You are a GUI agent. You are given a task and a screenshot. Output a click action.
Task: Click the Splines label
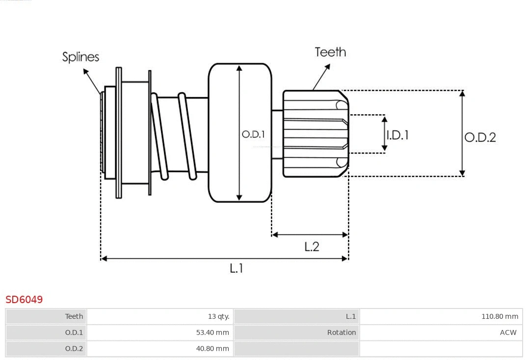(x=80, y=57)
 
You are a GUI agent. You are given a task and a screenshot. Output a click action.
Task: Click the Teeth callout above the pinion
(x=330, y=52)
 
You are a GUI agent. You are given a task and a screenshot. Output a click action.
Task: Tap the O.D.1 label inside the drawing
(x=253, y=134)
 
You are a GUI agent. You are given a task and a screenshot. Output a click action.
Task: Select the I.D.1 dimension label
(x=397, y=135)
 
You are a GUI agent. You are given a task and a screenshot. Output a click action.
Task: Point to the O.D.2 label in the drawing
(x=480, y=137)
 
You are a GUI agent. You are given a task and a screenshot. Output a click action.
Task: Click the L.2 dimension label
(x=312, y=246)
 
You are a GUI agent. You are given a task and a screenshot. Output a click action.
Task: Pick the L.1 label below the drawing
(x=237, y=268)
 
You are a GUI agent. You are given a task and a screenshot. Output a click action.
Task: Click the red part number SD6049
(x=24, y=299)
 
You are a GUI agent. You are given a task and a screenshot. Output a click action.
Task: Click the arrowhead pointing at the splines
(x=86, y=72)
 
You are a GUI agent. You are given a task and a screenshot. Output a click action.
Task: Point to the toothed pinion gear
(x=314, y=133)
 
